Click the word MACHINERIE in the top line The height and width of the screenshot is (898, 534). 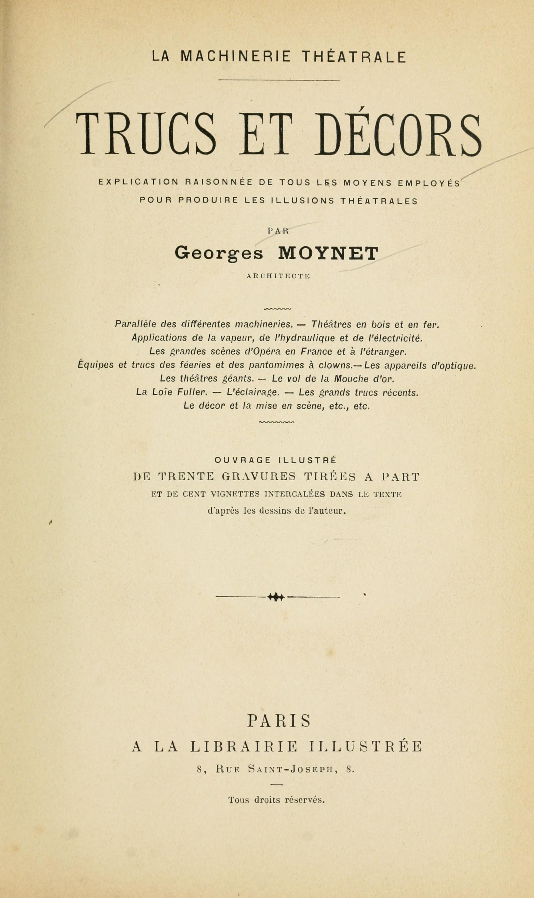(235, 57)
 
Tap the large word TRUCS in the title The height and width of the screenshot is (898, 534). (146, 134)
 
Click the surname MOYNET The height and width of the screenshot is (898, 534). (328, 253)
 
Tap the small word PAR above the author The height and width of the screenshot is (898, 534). (278, 231)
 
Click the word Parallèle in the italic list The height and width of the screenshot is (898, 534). (135, 324)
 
